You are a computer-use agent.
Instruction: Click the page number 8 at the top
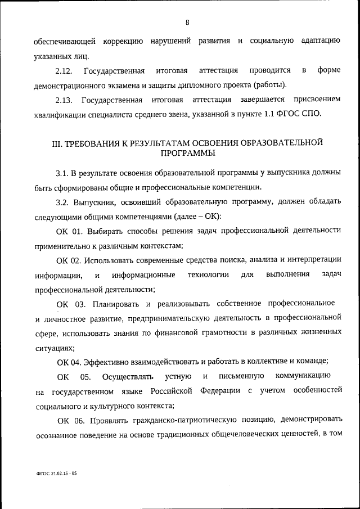pos(187,22)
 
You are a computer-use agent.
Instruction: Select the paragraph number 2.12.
pos(65,70)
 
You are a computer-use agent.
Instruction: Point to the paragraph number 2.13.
pos(65,100)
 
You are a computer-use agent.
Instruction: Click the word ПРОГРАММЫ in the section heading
pos(187,153)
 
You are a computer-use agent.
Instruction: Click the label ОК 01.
pos(70,231)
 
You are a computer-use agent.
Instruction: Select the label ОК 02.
pos(70,260)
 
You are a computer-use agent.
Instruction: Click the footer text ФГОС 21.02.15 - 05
pos(53,474)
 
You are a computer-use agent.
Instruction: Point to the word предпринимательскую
pos(207,318)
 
